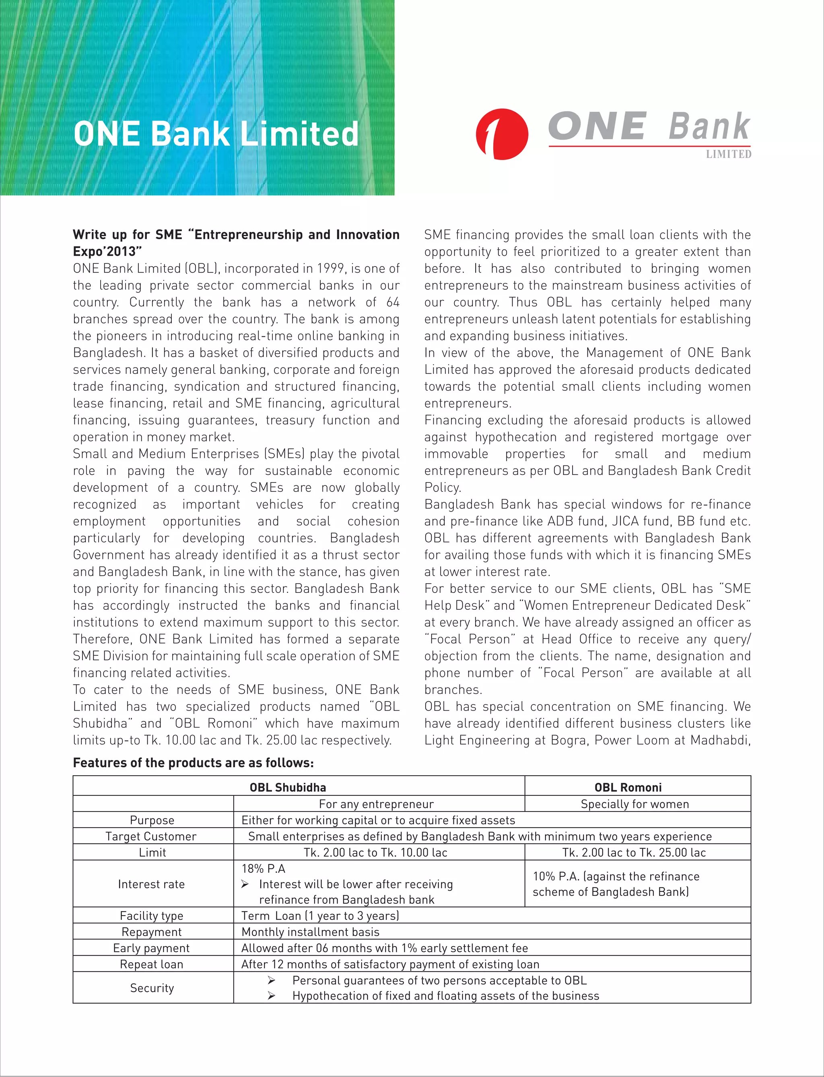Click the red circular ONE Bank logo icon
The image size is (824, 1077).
(x=502, y=134)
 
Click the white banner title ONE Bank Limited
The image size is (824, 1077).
(x=216, y=134)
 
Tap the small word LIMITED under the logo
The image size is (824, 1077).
(x=728, y=154)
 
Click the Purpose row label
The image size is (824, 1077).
(x=152, y=820)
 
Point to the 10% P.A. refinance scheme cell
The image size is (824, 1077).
(x=616, y=884)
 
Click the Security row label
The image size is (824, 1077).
(x=152, y=988)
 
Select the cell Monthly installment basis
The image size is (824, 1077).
(x=311, y=932)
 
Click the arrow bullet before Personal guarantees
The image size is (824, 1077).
(x=271, y=980)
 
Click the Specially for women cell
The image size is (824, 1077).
(x=634, y=804)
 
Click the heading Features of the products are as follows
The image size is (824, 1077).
(x=193, y=763)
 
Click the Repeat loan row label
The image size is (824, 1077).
(x=152, y=965)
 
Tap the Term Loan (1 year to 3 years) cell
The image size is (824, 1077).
(x=320, y=916)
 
